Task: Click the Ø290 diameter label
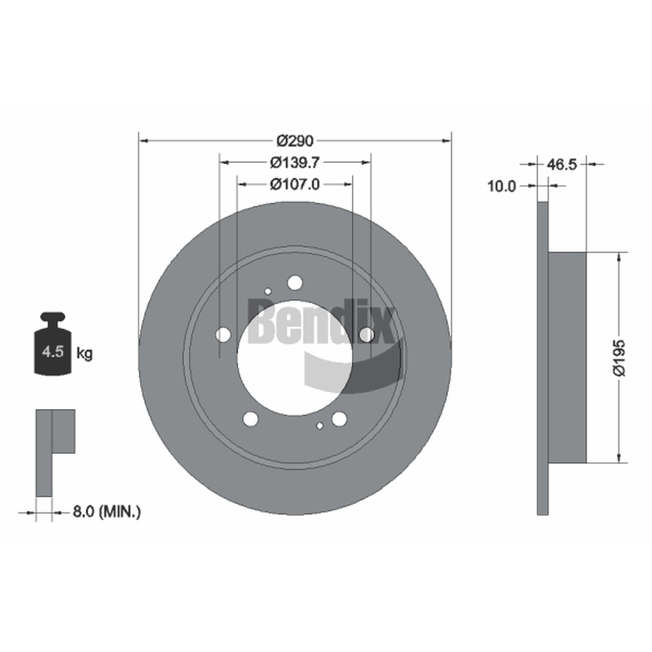point(295,141)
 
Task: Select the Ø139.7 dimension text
point(295,162)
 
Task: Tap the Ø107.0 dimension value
point(295,184)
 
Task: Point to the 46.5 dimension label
point(562,165)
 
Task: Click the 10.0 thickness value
point(501,187)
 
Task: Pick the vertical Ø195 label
point(619,358)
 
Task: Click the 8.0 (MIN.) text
point(107,512)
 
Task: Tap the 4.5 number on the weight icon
point(52,352)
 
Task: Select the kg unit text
point(85,355)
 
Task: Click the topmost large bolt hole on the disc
point(295,283)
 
